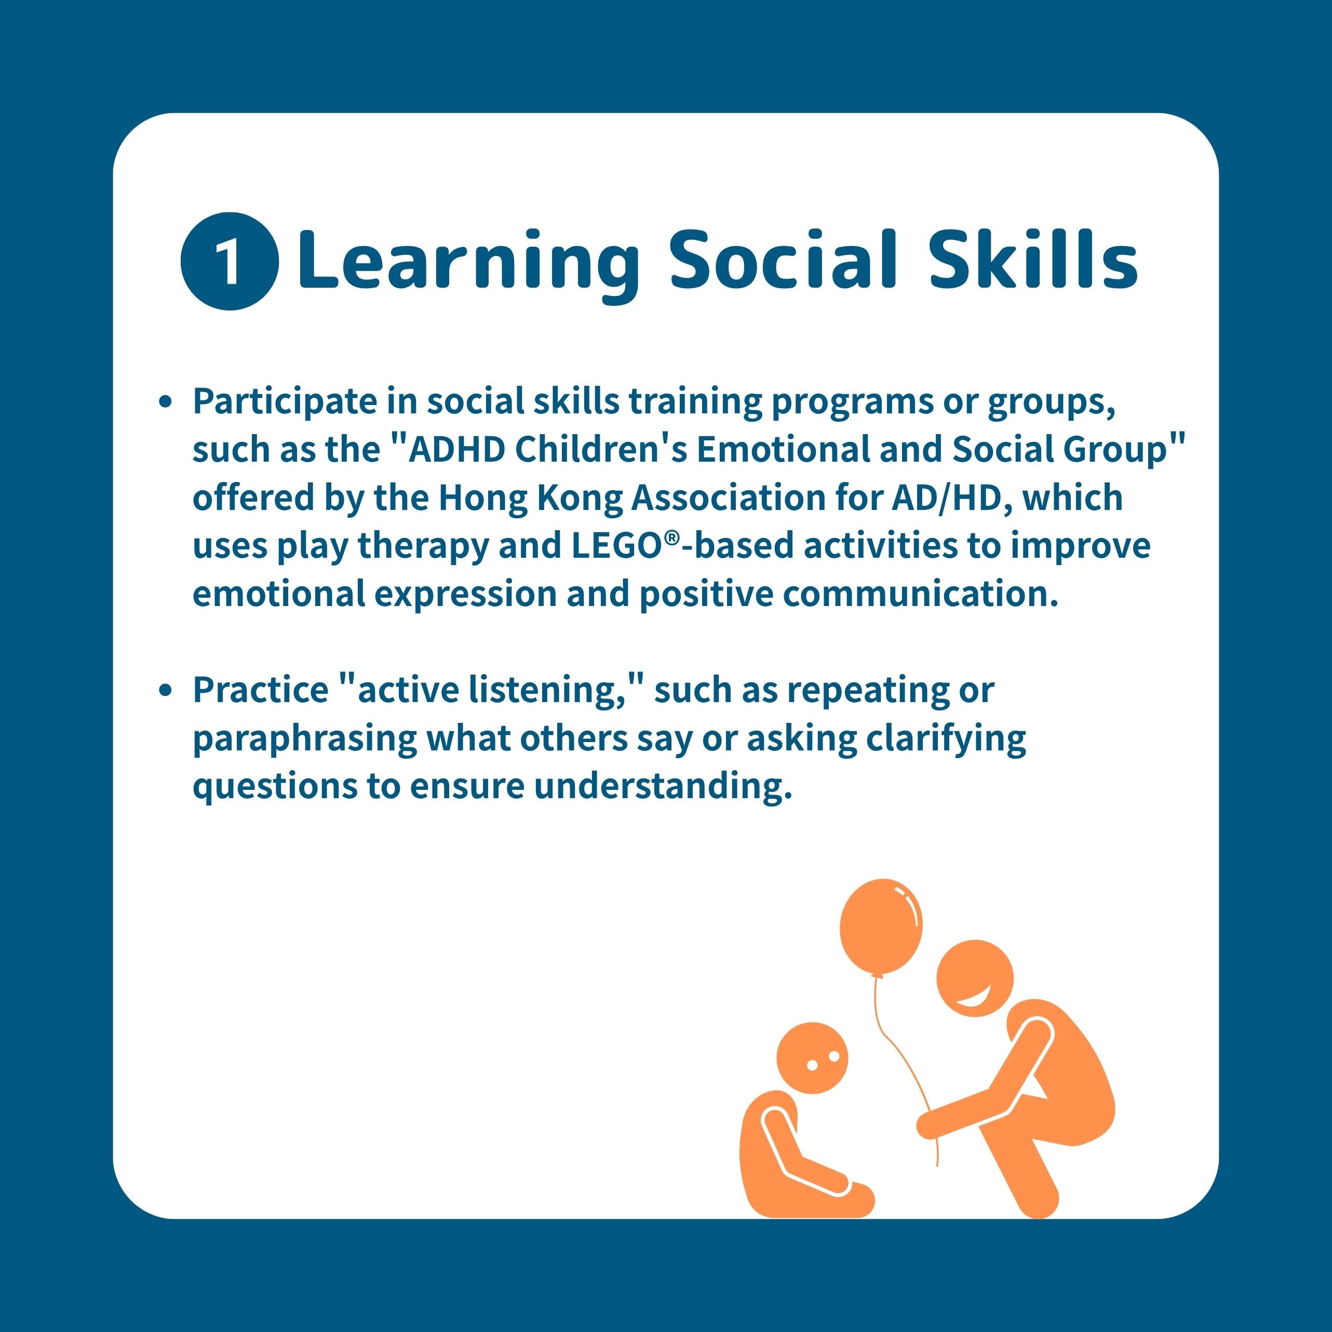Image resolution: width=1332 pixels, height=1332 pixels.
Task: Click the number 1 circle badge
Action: tap(230, 261)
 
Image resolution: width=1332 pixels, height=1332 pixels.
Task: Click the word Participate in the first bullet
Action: tap(284, 402)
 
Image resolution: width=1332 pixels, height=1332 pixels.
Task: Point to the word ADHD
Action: tap(456, 450)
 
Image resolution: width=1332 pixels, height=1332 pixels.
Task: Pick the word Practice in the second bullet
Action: tap(261, 691)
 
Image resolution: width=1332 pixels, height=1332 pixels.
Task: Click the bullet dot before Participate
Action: tap(165, 402)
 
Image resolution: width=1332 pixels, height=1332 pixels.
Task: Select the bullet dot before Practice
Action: tap(165, 690)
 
